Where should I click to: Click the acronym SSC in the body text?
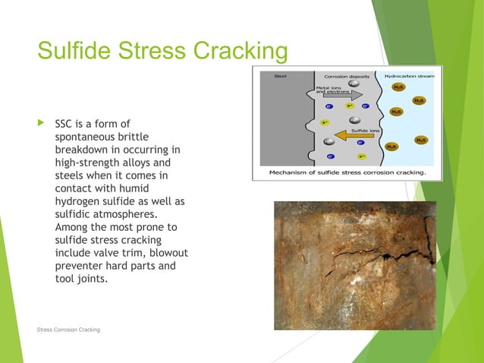pos(65,122)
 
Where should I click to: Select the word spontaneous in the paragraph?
pos(85,137)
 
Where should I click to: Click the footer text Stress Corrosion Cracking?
pos(68,329)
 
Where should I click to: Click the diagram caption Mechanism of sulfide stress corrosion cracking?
pos(347,172)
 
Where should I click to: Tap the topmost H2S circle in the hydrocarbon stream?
pos(399,87)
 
